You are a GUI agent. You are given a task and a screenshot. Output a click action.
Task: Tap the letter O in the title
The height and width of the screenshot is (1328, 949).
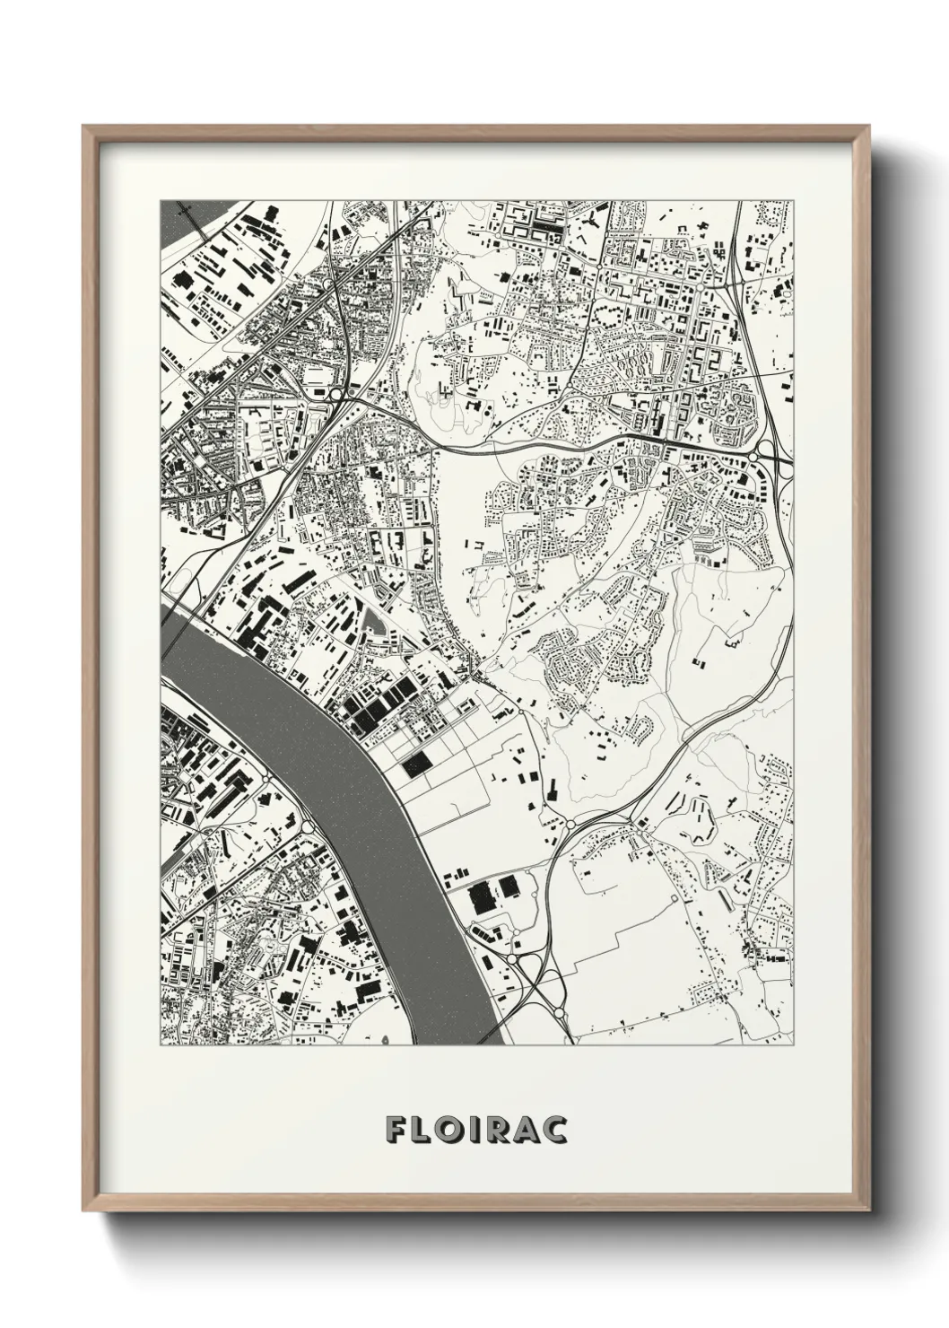pos(451,1130)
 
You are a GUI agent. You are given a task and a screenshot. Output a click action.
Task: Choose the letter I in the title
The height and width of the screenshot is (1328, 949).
pos(475,1130)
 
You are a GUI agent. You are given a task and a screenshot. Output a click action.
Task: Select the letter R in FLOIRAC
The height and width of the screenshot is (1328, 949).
pos(499,1130)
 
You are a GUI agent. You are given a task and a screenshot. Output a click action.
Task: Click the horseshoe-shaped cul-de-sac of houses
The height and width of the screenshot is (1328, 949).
pos(639,730)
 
